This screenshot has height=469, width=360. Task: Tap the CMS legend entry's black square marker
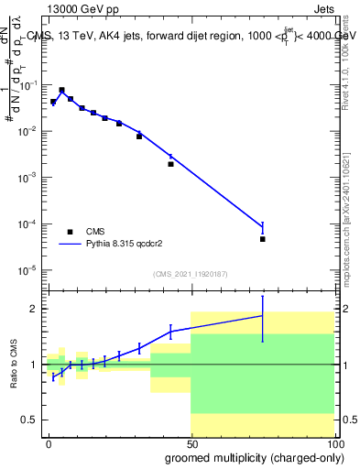tap(70, 232)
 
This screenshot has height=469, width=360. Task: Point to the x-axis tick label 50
tap(191, 442)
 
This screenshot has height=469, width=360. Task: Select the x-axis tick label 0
tap(49, 442)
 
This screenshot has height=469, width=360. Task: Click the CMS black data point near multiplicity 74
tap(262, 239)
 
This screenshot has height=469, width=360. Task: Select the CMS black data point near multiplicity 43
tap(171, 164)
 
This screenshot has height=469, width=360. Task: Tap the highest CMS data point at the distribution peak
tap(61, 90)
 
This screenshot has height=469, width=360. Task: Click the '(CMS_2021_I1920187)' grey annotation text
tap(190, 273)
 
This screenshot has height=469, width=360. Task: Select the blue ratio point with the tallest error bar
tap(262, 316)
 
